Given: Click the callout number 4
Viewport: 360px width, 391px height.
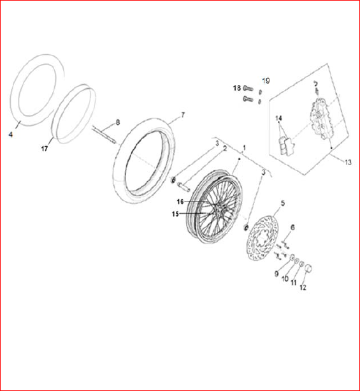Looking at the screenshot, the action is point(10,135).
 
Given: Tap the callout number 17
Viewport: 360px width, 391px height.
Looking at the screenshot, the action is point(45,149).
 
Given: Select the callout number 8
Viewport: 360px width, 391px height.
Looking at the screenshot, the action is point(118,122).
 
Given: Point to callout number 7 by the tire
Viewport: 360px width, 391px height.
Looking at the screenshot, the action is point(183,115).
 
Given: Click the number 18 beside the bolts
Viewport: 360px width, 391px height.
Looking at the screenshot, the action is point(237,88).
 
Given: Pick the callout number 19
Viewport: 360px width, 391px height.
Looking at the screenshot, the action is point(266,80).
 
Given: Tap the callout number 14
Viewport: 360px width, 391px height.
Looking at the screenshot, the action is point(278,118).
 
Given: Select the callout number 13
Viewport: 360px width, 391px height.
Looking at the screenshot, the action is point(348,163).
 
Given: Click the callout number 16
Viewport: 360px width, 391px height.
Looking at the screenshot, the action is point(180,202).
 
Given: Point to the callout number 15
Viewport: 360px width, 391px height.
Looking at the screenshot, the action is point(175,214).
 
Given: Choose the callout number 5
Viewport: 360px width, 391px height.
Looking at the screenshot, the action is point(282,203).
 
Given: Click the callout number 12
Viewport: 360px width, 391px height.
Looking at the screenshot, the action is point(303,288).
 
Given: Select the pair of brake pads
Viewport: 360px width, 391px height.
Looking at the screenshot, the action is point(286,145).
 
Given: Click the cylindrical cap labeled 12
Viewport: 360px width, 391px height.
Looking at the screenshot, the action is point(308,269).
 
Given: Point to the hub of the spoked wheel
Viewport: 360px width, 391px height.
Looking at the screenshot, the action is point(218,212).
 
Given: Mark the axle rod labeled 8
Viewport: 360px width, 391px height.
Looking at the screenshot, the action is point(104,135).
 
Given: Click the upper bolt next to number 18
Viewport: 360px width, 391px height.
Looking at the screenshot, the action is point(248,88).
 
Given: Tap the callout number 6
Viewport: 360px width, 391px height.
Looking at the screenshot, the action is point(292,228).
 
